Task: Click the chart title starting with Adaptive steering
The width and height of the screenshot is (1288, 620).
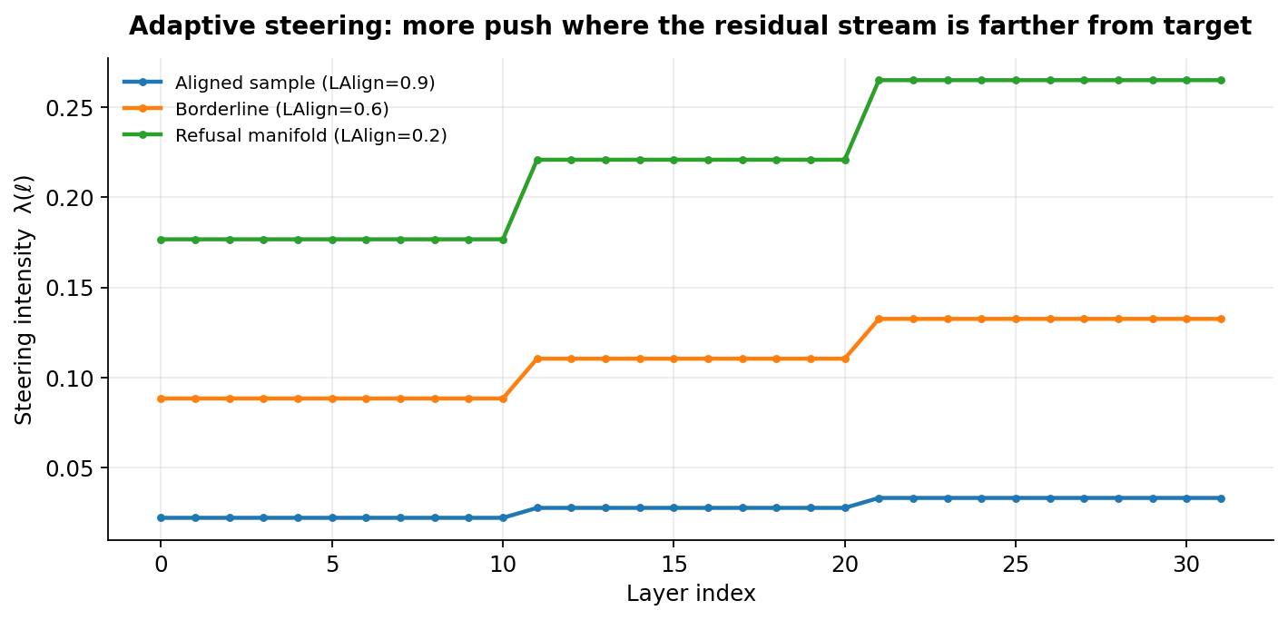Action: pyautogui.click(x=690, y=26)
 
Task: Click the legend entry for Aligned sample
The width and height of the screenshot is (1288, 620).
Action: pyautogui.click(x=305, y=83)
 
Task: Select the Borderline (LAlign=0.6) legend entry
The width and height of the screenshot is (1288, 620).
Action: pyautogui.click(x=281, y=109)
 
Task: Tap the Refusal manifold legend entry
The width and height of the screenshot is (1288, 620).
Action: pyautogui.click(x=310, y=135)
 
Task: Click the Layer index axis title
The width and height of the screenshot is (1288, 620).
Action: pyautogui.click(x=690, y=594)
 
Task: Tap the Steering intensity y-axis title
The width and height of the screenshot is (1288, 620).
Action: pyautogui.click(x=25, y=300)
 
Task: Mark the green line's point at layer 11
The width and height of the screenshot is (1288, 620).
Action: pyautogui.click(x=537, y=160)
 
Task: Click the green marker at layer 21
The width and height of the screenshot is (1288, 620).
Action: pyautogui.click(x=879, y=80)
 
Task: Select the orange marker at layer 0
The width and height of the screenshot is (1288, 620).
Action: pyautogui.click(x=161, y=399)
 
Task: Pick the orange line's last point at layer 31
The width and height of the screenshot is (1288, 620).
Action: pyautogui.click(x=1221, y=319)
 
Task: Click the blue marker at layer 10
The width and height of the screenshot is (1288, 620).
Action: pyautogui.click(x=503, y=517)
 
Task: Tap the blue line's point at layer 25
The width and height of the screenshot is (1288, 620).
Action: pyautogui.click(x=1016, y=498)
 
